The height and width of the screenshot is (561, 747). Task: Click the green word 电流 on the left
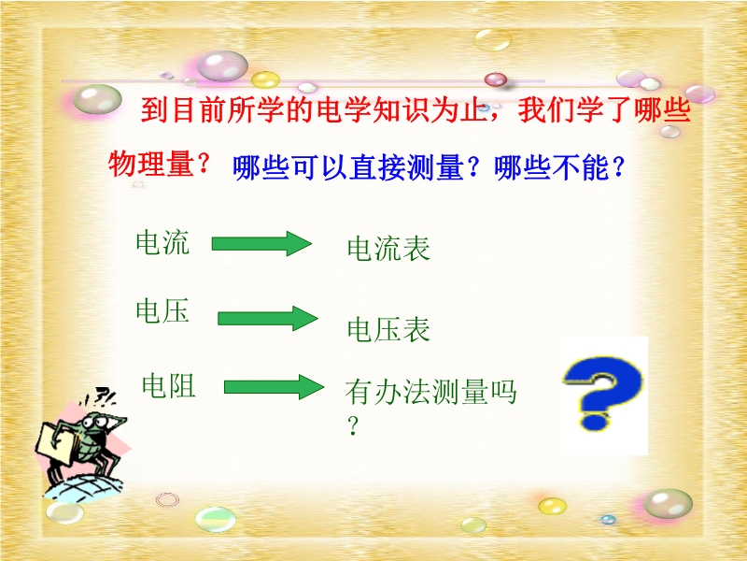162,242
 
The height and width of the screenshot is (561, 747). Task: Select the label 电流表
388,248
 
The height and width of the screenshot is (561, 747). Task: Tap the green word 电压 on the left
162,310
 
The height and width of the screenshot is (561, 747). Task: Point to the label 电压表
388,329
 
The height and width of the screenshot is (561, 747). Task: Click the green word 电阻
169,385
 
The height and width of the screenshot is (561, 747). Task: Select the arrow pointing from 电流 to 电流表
261,244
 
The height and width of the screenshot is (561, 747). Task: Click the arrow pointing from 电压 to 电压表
268,318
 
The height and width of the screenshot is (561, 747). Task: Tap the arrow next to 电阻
274,387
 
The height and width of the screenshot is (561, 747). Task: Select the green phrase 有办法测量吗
430,392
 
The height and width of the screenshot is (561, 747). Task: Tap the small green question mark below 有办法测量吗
353,425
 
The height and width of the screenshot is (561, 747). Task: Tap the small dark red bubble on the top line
496,79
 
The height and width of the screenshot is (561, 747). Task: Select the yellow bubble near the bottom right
552,506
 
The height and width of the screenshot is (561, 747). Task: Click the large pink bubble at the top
222,65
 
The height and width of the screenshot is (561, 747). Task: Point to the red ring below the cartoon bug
168,499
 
